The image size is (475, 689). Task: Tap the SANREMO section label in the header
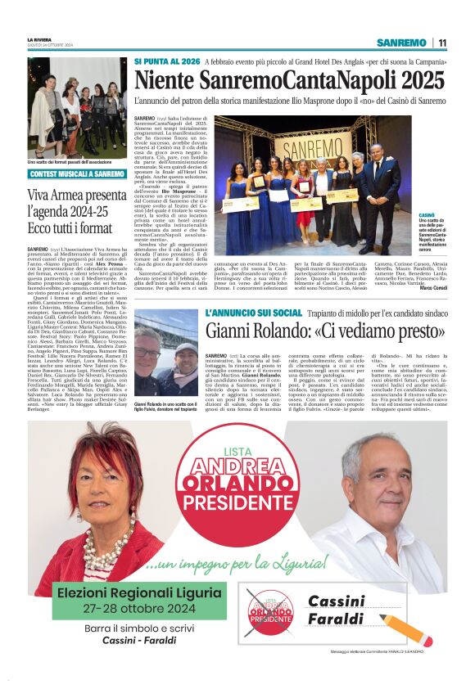(x=401, y=43)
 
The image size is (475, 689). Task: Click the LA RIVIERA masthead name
(x=39, y=39)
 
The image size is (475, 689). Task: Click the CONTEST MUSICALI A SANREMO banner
(x=77, y=174)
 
